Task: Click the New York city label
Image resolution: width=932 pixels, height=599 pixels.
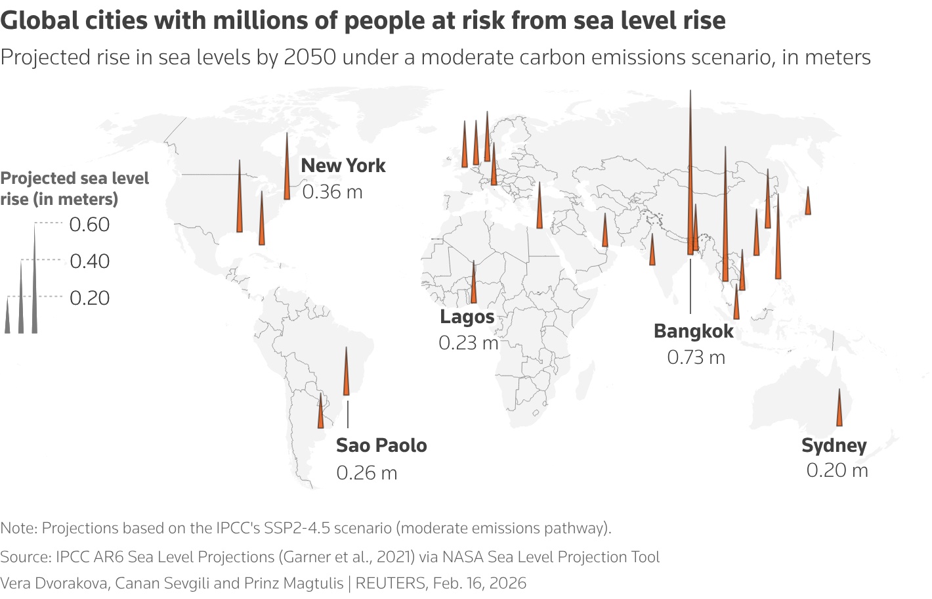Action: pos(343,166)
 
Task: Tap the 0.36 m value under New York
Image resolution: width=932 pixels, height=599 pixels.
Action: pos(332,192)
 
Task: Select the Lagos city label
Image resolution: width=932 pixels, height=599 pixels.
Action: pos(467,317)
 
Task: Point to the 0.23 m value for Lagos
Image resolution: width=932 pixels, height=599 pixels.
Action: pos(468,343)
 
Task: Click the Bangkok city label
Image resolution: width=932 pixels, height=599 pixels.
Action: pos(693,331)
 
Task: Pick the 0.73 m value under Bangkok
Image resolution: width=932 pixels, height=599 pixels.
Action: pos(696,357)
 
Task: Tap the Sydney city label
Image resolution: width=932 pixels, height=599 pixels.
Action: pos(834,445)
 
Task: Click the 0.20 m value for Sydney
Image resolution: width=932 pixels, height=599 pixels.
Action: pos(837,470)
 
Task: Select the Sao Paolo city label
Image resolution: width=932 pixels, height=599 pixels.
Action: pos(381,445)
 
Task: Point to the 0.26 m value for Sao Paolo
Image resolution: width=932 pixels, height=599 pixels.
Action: pos(366,473)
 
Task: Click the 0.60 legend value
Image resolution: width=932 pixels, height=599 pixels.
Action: pos(89,225)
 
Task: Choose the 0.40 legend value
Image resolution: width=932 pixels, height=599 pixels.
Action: pos(89,261)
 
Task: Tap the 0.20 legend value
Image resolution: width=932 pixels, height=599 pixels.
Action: pos(89,298)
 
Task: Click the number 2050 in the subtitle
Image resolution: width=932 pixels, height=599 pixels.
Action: pos(310,58)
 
